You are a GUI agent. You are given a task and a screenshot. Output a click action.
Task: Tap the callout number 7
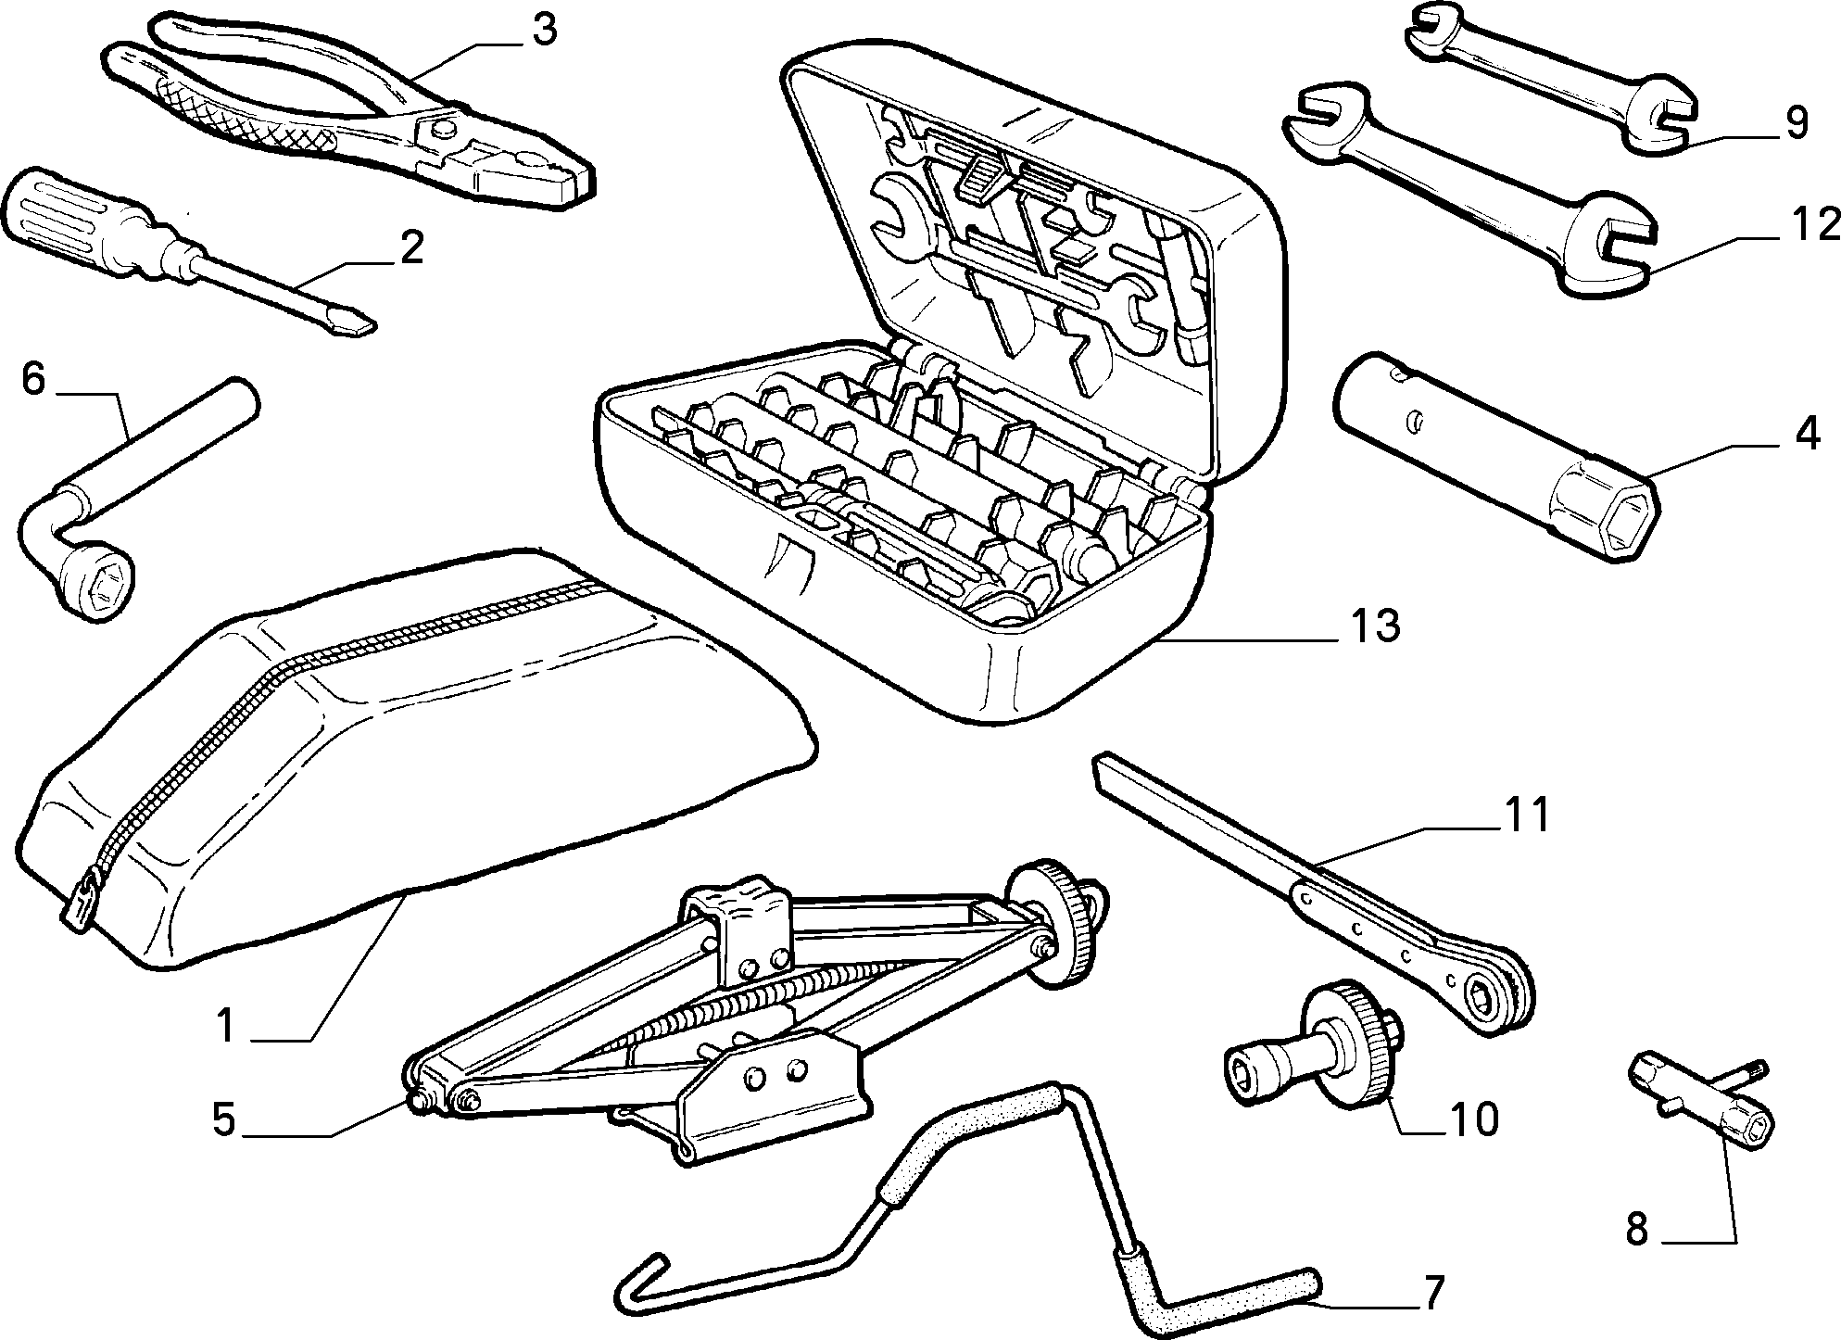[x=1432, y=1294]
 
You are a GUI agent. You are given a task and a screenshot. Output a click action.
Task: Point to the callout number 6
[x=32, y=380]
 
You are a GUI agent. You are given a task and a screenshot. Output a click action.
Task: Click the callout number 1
[x=228, y=1027]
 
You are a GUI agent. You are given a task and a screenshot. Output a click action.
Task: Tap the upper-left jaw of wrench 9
[x=1432, y=25]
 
